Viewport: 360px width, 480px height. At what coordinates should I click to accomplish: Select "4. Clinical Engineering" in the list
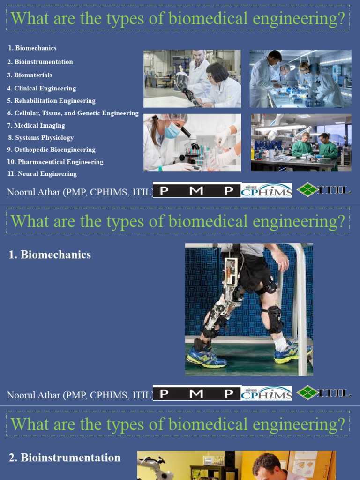41,88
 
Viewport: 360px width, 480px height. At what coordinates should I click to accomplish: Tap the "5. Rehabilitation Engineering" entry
51,101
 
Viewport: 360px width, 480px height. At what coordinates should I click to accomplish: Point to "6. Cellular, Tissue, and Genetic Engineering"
73,113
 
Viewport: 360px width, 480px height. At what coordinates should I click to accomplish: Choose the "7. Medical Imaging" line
36,125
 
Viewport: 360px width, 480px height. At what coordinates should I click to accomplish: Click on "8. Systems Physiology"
41,138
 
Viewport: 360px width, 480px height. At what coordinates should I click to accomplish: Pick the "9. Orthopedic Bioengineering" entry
51,150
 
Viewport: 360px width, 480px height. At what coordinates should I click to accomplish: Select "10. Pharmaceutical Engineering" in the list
55,162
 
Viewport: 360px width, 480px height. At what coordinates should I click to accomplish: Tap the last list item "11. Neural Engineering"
42,174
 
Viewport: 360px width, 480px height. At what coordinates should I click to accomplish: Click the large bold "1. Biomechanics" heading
50,255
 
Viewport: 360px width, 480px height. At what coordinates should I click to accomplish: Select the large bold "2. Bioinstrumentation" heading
65,457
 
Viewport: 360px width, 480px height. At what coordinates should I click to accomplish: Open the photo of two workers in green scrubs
301,142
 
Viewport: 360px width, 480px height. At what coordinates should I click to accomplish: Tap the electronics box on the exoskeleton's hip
230,272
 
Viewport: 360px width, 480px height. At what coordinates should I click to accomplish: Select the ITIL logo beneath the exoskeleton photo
324,392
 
